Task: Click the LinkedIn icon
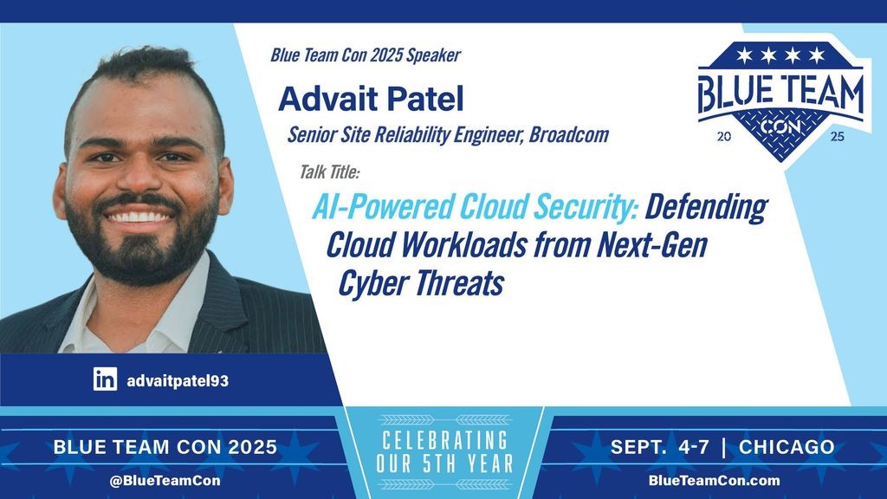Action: [105, 379]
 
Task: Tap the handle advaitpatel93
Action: [178, 381]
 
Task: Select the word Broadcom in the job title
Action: [568, 134]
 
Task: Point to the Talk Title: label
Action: [329, 172]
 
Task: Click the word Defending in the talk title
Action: [706, 207]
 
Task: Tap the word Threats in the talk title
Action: [458, 283]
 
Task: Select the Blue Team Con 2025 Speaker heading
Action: [366, 55]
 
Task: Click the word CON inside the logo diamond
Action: [780, 126]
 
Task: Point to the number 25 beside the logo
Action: [838, 136]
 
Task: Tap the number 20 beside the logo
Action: [724, 136]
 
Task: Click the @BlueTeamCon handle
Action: [165, 481]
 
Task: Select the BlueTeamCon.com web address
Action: [714, 480]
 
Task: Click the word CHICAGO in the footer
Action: [787, 447]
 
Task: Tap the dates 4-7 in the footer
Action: [694, 447]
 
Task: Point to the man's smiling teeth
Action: [139, 217]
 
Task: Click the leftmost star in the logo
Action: [744, 55]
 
